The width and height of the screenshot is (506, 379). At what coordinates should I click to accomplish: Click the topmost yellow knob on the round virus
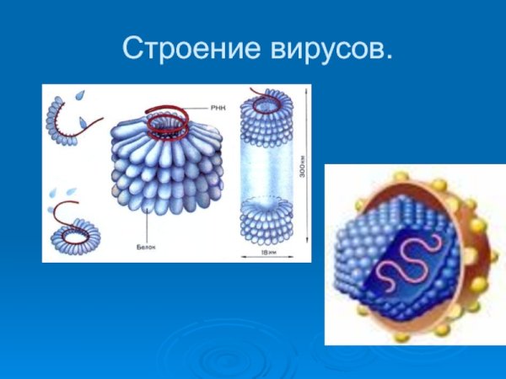tap(403, 176)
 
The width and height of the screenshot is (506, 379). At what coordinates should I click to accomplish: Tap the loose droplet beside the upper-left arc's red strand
tap(83, 124)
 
